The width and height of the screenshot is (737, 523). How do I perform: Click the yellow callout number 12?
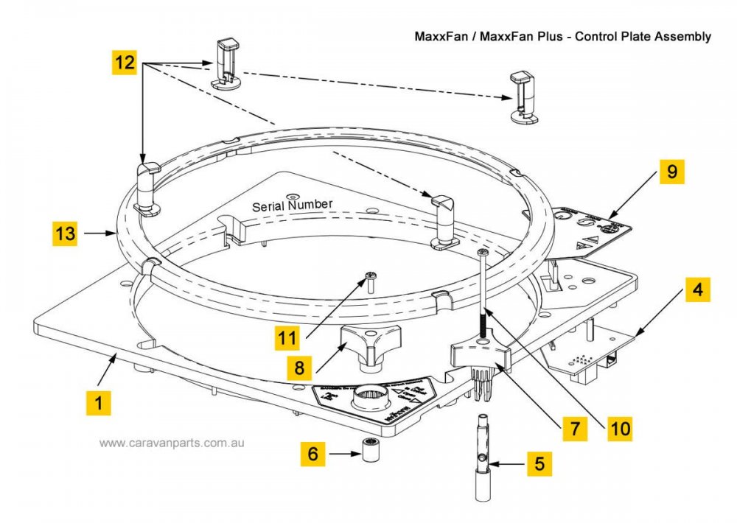pyautogui.click(x=124, y=63)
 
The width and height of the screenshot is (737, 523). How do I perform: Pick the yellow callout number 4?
pyautogui.click(x=697, y=289)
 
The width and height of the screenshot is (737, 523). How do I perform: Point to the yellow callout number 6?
pyautogui.click(x=313, y=454)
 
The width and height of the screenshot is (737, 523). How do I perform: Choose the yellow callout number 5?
pyautogui.click(x=539, y=464)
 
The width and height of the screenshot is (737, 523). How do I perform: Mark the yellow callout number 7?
pyautogui.click(x=575, y=427)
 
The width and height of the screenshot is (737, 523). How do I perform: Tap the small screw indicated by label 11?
pyautogui.click(x=371, y=278)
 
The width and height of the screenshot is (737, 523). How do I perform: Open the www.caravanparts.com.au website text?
pyautogui.click(x=172, y=443)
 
